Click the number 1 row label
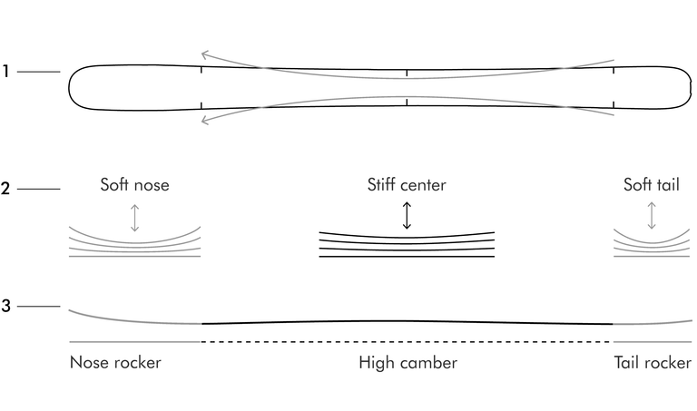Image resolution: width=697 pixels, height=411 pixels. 5,71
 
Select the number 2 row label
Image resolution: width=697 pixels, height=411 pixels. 5,189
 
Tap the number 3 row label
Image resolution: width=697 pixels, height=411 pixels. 5,306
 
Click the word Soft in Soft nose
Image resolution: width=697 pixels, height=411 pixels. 112,184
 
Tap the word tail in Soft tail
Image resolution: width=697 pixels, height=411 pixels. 668,184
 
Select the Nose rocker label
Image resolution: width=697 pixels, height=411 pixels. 115,363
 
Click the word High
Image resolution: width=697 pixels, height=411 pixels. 377,363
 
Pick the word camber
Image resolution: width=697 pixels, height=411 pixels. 428,363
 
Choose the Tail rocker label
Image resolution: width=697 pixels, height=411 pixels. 653,363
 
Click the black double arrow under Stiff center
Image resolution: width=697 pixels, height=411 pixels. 407,216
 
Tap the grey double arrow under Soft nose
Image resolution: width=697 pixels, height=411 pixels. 134,218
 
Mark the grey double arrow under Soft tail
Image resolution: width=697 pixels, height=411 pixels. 652,216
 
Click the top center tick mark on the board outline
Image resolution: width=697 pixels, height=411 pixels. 407,73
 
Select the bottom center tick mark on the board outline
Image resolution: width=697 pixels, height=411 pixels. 407,103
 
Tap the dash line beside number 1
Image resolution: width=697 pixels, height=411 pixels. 39,72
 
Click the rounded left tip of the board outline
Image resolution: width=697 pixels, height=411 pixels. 69,87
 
